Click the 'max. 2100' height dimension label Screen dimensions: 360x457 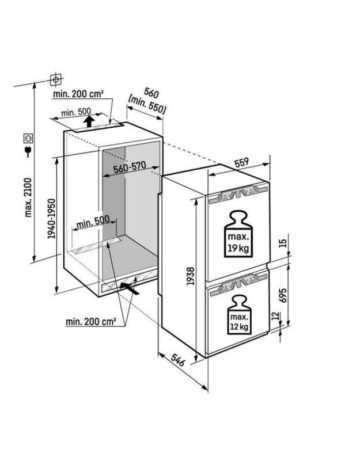(28, 197)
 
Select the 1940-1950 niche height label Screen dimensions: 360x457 (52, 219)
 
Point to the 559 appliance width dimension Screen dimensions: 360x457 (241, 162)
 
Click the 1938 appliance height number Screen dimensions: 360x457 (191, 276)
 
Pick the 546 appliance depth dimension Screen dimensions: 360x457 (177, 360)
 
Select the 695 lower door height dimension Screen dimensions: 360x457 (282, 295)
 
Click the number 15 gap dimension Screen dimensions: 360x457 (282, 243)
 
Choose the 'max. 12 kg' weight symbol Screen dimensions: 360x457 (239, 314)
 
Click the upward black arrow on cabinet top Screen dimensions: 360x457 (89, 121)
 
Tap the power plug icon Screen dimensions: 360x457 (28, 151)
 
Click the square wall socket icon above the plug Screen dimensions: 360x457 (28, 138)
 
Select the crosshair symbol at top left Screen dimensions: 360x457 (56, 79)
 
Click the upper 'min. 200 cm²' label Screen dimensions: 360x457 (78, 94)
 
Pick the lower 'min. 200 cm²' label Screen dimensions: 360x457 (91, 322)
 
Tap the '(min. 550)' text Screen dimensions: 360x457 (147, 105)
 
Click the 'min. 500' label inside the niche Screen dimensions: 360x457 (93, 222)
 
